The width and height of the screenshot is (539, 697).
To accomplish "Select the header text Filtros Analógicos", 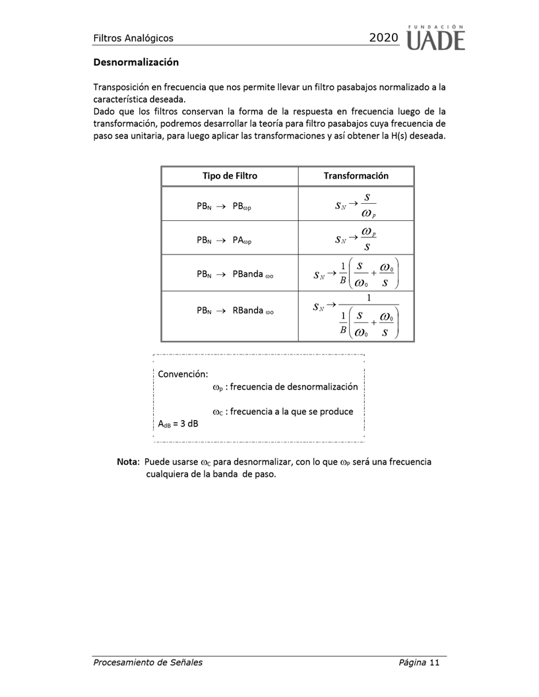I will click(133, 39).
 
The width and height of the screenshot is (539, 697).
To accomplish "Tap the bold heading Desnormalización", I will click(136, 63).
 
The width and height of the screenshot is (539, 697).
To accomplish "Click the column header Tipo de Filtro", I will click(230, 176).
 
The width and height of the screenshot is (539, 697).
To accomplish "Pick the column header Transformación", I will click(356, 176).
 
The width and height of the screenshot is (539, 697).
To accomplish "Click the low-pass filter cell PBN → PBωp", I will click(224, 206).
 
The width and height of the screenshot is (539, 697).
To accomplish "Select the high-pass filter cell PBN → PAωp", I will click(224, 240).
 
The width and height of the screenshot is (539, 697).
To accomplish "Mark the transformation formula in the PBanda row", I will click(356, 272).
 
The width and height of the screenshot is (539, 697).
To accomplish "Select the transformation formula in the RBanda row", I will click(356, 315).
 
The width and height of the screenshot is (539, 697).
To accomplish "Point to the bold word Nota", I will click(128, 462).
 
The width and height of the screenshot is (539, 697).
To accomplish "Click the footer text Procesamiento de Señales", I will click(147, 662).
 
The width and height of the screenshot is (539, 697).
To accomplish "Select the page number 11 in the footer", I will click(433, 662).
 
